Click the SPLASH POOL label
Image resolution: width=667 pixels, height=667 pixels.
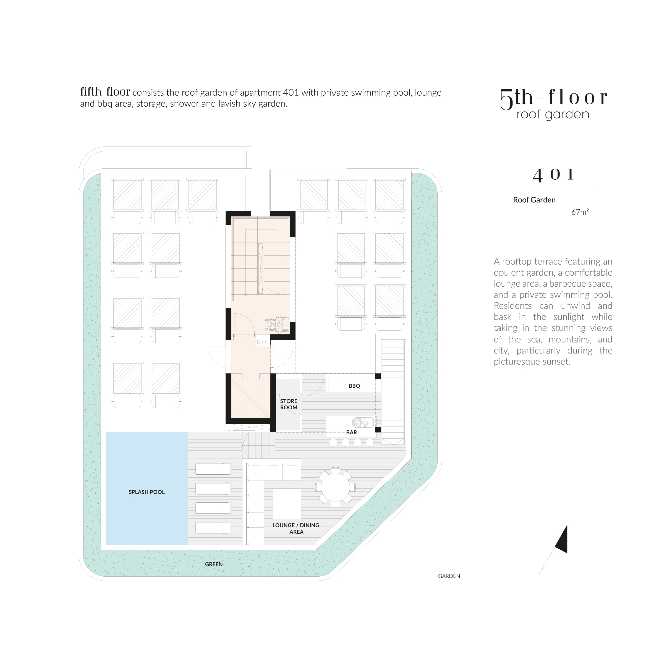(146, 492)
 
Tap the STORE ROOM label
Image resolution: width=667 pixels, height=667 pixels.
(288, 404)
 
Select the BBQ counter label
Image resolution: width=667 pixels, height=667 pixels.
(354, 386)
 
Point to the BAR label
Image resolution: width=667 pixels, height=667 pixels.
(351, 432)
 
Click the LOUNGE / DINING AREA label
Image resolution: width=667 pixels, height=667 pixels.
(296, 528)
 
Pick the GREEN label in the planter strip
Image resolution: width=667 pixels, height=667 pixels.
(213, 564)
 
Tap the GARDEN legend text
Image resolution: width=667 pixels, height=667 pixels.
(449, 576)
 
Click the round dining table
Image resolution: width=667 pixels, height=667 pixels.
(335, 487)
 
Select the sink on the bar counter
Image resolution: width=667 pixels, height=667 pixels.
(363, 422)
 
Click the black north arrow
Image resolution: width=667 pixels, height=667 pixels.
(561, 540)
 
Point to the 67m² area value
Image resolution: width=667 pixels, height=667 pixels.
(580, 212)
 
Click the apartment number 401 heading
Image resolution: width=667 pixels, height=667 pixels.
(553, 175)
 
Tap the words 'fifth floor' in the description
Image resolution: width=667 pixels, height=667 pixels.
(105, 92)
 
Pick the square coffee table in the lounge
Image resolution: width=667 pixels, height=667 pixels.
(286, 504)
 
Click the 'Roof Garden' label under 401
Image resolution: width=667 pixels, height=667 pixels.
(534, 200)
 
